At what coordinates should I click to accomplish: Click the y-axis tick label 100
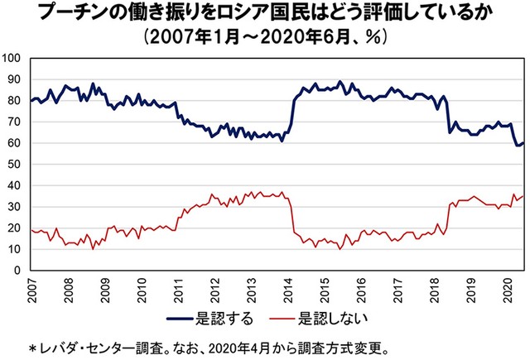(x=13, y=58)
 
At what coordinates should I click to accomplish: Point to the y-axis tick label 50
(x=16, y=164)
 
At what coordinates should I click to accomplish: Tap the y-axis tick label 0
(x=19, y=271)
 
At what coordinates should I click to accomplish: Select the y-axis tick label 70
(x=16, y=122)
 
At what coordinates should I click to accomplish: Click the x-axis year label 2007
(x=31, y=291)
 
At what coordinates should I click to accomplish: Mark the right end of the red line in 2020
(x=523, y=195)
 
